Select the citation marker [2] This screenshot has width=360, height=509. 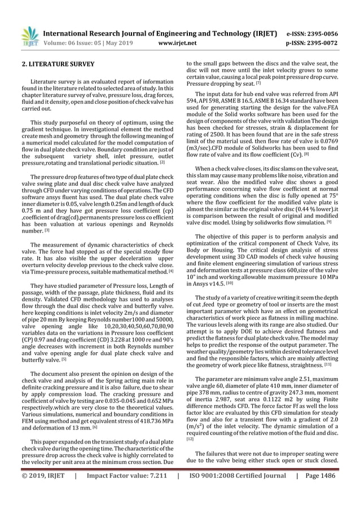162,147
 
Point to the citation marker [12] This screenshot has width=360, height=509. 190,438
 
